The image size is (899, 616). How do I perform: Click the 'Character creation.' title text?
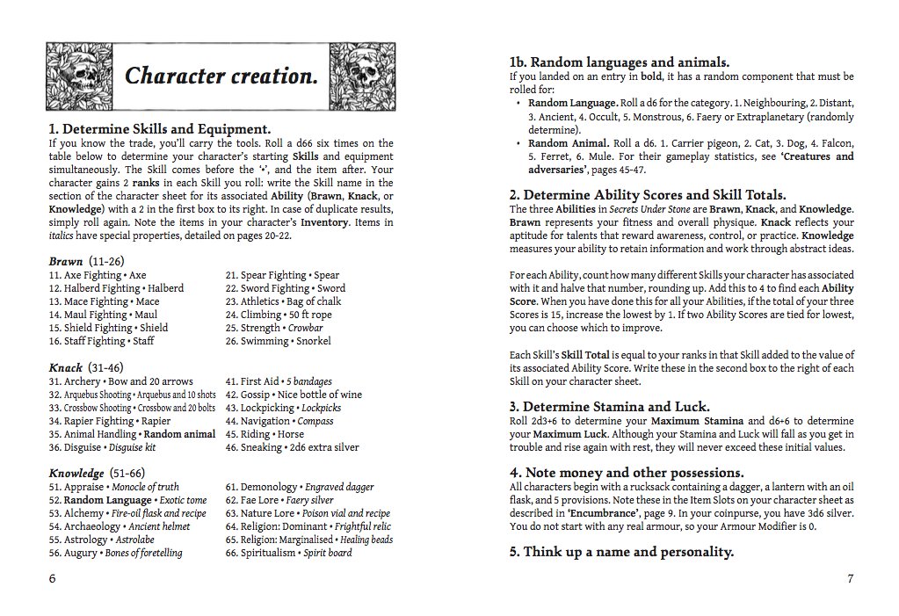coord(221,76)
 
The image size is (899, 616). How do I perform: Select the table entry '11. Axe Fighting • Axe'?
coord(98,275)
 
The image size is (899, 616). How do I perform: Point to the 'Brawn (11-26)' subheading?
coord(86,262)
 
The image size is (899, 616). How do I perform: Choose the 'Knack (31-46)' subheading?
coord(86,367)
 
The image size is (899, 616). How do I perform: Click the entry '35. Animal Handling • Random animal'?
coord(132,434)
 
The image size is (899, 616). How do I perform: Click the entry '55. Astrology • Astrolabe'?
coord(102,540)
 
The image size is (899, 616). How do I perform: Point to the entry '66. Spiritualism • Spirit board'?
coord(288,553)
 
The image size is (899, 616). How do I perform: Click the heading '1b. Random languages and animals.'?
coord(620,62)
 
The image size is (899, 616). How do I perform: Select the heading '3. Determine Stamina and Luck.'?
coord(609,407)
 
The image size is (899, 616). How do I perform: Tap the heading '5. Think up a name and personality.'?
coord(621,552)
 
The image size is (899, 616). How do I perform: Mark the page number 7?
coord(850,579)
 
